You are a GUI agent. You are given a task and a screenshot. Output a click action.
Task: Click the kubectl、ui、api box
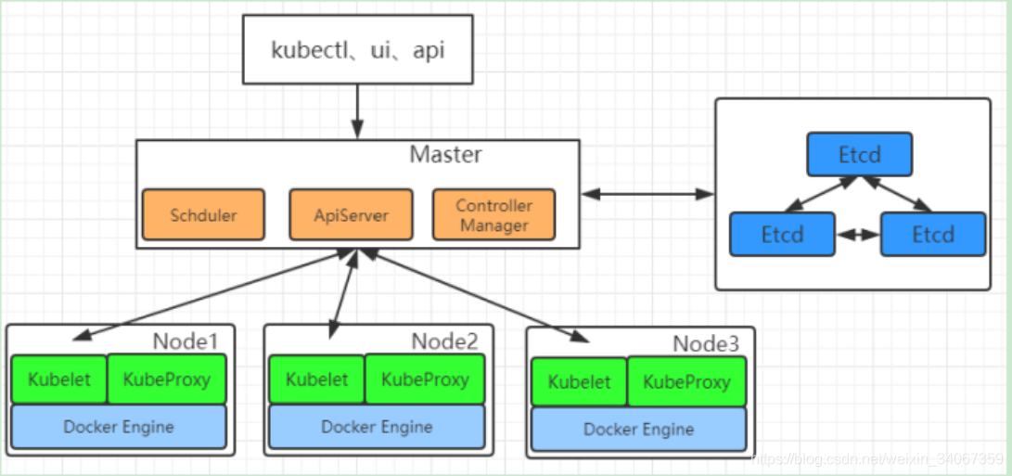357,50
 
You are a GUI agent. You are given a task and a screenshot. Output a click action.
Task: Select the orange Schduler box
203,214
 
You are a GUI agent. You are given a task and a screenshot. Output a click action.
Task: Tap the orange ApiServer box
352,214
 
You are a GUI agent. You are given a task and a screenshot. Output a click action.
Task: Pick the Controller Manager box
493,214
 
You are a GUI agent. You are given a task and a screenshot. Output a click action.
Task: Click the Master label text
445,155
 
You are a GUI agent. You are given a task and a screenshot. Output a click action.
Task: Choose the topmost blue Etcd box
860,154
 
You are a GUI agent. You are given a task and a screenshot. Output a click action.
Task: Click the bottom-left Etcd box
783,234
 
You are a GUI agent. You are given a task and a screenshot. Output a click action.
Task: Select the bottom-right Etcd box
933,234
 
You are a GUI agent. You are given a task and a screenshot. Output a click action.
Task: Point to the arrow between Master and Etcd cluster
647,193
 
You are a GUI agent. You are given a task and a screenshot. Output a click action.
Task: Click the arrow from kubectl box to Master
357,111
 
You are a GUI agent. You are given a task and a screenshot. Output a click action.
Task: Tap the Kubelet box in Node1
58,380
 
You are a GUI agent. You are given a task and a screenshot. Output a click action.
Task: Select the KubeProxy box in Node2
425,380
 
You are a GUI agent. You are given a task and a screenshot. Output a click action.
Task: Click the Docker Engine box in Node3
639,430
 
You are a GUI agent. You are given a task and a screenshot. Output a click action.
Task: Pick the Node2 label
444,340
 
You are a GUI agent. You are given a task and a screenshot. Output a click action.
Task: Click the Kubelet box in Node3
579,381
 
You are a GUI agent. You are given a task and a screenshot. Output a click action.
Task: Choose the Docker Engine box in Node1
119,427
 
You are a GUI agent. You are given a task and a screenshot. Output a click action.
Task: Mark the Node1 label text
186,340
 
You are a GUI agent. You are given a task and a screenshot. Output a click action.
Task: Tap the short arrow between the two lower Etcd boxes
858,235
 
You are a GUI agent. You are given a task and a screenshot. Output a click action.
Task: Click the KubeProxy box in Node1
167,380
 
